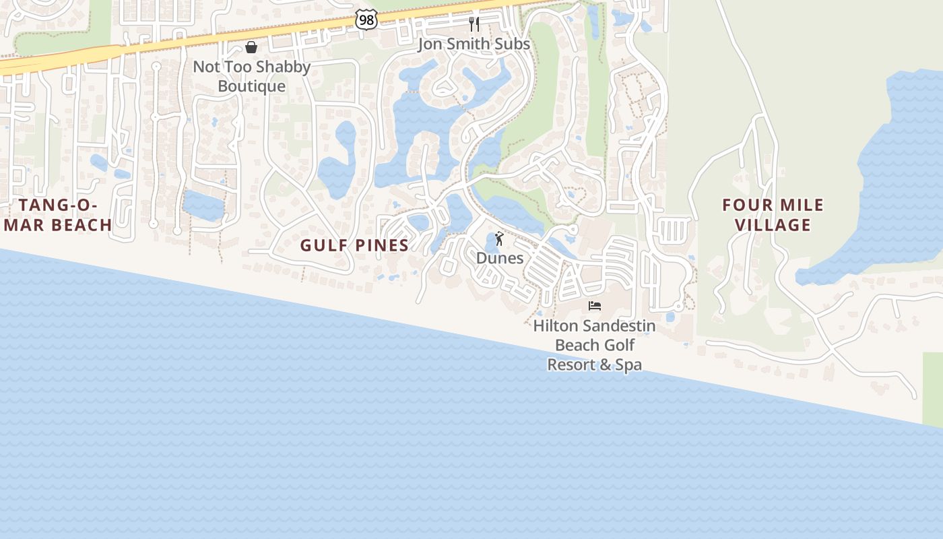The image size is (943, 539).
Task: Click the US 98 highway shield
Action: click(x=366, y=20)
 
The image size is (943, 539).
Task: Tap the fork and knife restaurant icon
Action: click(x=474, y=24)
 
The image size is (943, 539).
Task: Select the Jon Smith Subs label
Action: click(x=474, y=44)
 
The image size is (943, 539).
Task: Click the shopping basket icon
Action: click(x=251, y=47)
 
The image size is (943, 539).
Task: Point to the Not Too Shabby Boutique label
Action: click(x=251, y=76)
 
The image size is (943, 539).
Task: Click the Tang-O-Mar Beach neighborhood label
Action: click(x=58, y=215)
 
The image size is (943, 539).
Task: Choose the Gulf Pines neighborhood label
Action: click(x=354, y=245)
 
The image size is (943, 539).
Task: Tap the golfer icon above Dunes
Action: click(x=499, y=239)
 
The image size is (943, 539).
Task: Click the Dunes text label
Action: click(x=500, y=258)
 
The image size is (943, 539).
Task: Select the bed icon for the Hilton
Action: click(x=595, y=306)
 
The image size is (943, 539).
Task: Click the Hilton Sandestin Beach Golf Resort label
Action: click(x=594, y=345)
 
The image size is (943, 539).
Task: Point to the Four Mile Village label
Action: click(x=773, y=215)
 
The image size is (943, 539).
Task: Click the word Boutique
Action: click(x=251, y=86)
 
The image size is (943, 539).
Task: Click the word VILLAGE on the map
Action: click(x=773, y=225)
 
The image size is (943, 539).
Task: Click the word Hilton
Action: click(x=555, y=326)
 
